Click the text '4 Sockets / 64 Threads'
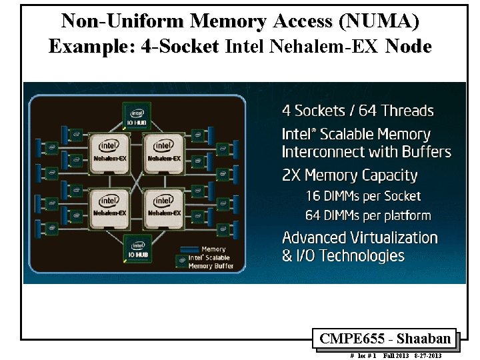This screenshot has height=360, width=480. point(357,111)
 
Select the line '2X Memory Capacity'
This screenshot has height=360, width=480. point(349,176)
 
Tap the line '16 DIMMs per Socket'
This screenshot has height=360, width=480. point(363,196)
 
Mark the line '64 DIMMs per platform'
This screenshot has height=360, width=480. point(368,216)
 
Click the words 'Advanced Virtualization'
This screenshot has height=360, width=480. point(359,238)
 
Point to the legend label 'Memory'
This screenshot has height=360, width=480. point(213,249)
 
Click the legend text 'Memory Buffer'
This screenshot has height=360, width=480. point(211,266)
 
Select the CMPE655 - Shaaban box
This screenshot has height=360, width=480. point(385,339)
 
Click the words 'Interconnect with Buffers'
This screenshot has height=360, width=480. point(366,152)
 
